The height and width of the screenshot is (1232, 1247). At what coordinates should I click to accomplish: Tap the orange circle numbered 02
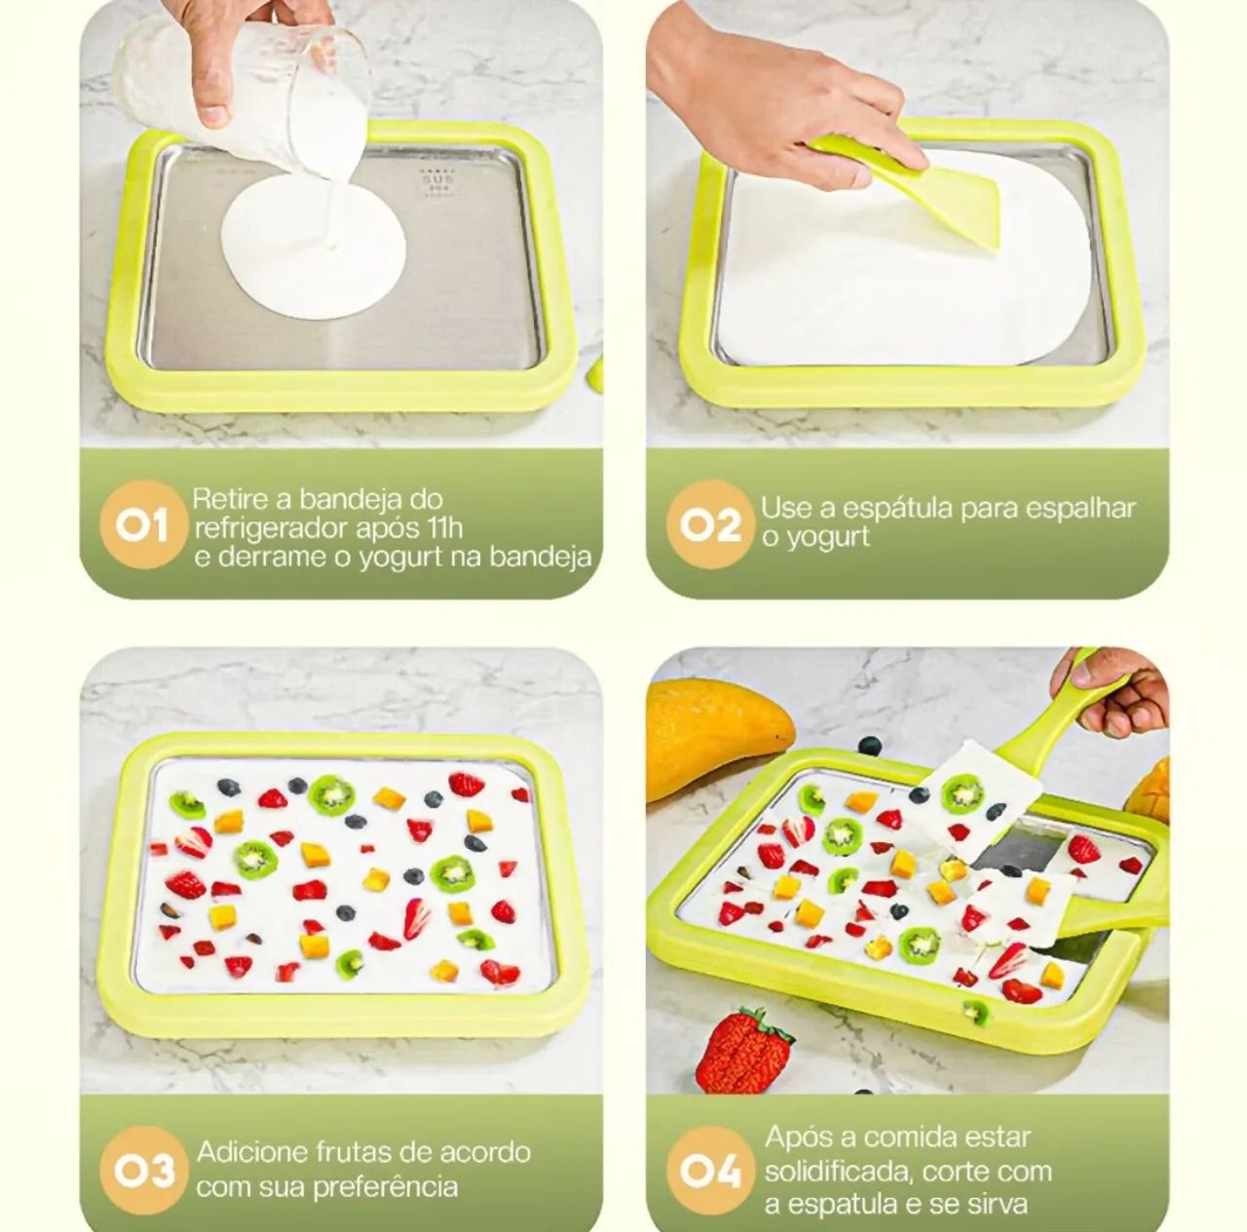pyautogui.click(x=710, y=526)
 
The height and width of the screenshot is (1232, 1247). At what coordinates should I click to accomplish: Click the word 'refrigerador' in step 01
pyautogui.click(x=265, y=529)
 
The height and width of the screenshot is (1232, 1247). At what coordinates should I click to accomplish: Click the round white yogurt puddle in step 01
pyautogui.click(x=313, y=246)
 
